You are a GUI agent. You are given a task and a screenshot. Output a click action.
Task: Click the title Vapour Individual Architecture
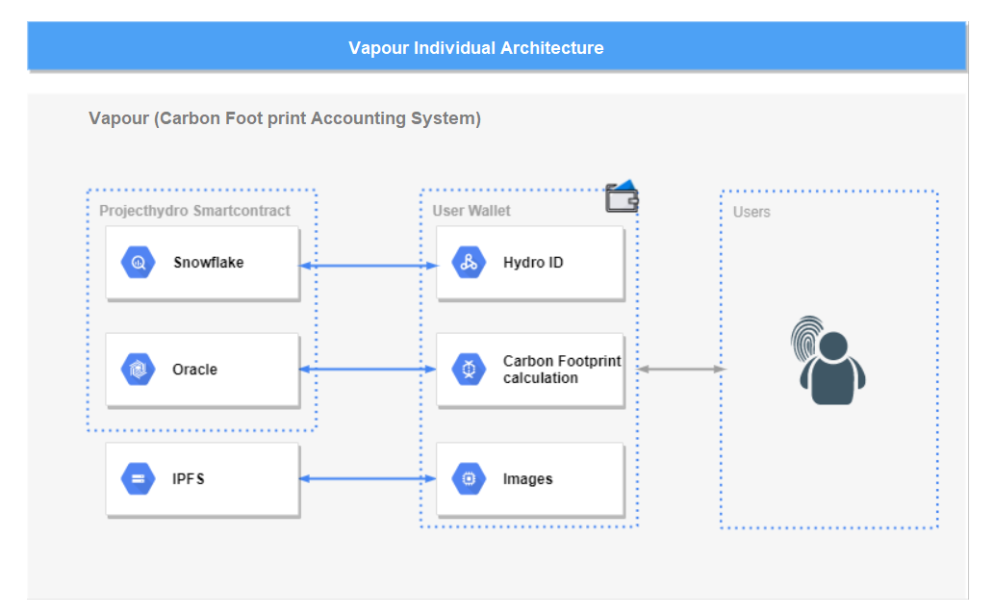pyautogui.click(x=475, y=48)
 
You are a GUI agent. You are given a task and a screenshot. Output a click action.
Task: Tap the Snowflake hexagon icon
pyautogui.click(x=138, y=262)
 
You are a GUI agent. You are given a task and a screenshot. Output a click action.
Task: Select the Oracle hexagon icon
pyautogui.click(x=138, y=370)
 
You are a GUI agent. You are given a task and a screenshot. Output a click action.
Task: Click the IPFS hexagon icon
pyautogui.click(x=138, y=479)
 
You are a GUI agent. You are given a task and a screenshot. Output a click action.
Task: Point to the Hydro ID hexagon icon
pyautogui.click(x=469, y=262)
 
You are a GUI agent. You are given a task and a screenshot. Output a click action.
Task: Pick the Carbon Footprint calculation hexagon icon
pyautogui.click(x=469, y=370)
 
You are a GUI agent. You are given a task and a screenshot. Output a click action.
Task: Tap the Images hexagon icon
pyautogui.click(x=469, y=479)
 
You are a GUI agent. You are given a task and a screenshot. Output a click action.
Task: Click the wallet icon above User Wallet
pyautogui.click(x=622, y=196)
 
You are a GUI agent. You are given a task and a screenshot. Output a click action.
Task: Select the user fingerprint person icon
pyautogui.click(x=827, y=360)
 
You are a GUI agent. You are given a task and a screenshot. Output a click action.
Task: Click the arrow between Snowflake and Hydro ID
pyautogui.click(x=369, y=266)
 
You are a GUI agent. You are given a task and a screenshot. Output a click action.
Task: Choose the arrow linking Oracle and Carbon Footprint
pyautogui.click(x=368, y=370)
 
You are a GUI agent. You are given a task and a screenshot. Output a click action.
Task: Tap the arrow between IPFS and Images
pyautogui.click(x=368, y=479)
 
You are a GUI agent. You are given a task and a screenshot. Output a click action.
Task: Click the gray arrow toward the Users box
pyautogui.click(x=681, y=369)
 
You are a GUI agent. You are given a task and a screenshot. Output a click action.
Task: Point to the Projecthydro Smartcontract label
pyautogui.click(x=194, y=211)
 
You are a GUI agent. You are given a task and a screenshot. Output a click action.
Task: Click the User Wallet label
pyautogui.click(x=471, y=211)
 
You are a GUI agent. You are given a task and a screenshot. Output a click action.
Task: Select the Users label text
pyautogui.click(x=751, y=212)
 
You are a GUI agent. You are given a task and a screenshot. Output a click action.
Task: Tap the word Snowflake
pyautogui.click(x=209, y=262)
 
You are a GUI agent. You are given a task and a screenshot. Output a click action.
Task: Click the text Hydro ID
pyautogui.click(x=533, y=262)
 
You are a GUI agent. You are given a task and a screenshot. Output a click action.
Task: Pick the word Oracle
pyautogui.click(x=194, y=370)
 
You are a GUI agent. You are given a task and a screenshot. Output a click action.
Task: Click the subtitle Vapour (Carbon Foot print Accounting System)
pyautogui.click(x=285, y=118)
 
